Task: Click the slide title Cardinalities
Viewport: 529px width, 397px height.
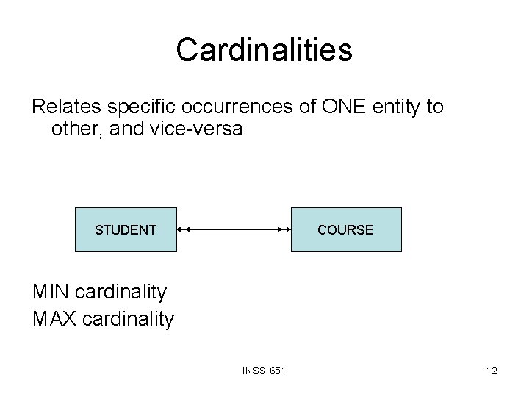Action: pyautogui.click(x=264, y=50)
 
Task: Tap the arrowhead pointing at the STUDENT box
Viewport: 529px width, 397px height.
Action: pyautogui.click(x=182, y=230)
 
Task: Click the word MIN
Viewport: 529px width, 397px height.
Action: pyautogui.click(x=50, y=292)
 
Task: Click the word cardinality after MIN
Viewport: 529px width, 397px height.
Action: pyautogui.click(x=120, y=292)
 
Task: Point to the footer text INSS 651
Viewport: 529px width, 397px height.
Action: pyautogui.click(x=264, y=371)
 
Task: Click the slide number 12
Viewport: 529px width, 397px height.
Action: pyautogui.click(x=491, y=371)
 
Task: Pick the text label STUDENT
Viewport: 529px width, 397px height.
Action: pyautogui.click(x=126, y=230)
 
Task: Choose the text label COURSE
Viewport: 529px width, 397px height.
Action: pyautogui.click(x=345, y=230)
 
